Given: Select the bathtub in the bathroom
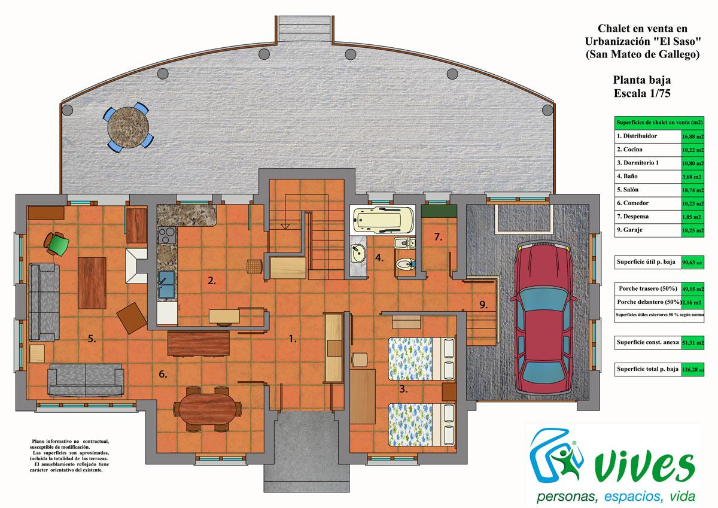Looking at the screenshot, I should coord(381,220).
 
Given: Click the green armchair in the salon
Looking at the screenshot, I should coord(57,243).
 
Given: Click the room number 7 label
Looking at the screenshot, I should coord(438,238).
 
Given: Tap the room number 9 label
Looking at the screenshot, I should coord(483,304).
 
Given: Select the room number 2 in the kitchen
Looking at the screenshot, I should coord(211,280).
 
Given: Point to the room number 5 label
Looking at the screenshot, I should coord(92,339).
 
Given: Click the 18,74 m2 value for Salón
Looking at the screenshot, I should coord(692,191).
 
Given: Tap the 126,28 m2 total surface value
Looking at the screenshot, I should coord(692,370).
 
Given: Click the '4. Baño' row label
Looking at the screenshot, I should coord(628,176).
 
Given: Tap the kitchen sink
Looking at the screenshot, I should coord(165,284).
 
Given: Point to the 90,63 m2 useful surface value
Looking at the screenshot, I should coord(692,262).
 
